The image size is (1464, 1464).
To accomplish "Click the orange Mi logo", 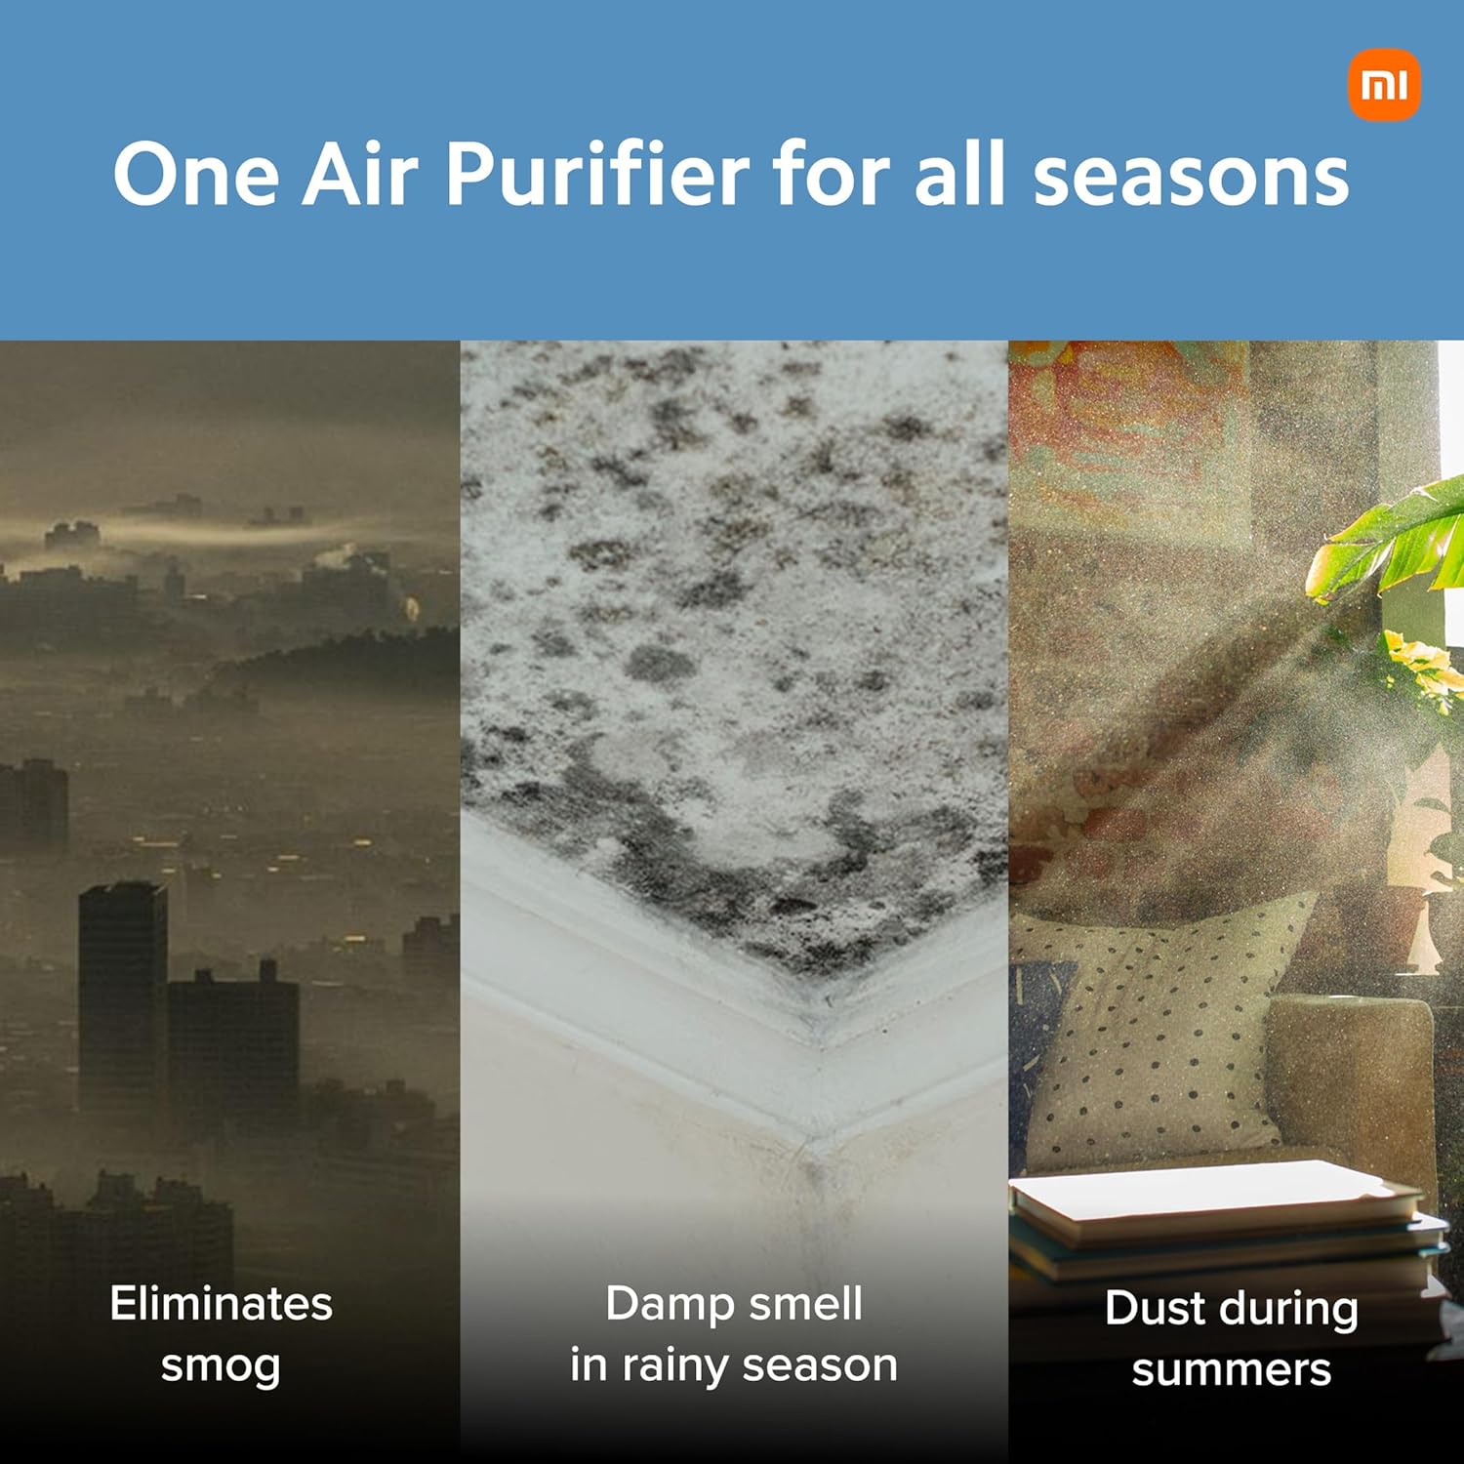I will (1384, 85).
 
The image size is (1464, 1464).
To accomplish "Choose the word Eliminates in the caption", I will (222, 1304).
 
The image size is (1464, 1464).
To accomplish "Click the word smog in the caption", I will (221, 1366).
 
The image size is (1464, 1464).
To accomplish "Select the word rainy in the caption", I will (676, 1365).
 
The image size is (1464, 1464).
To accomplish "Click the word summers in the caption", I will (1232, 1370).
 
